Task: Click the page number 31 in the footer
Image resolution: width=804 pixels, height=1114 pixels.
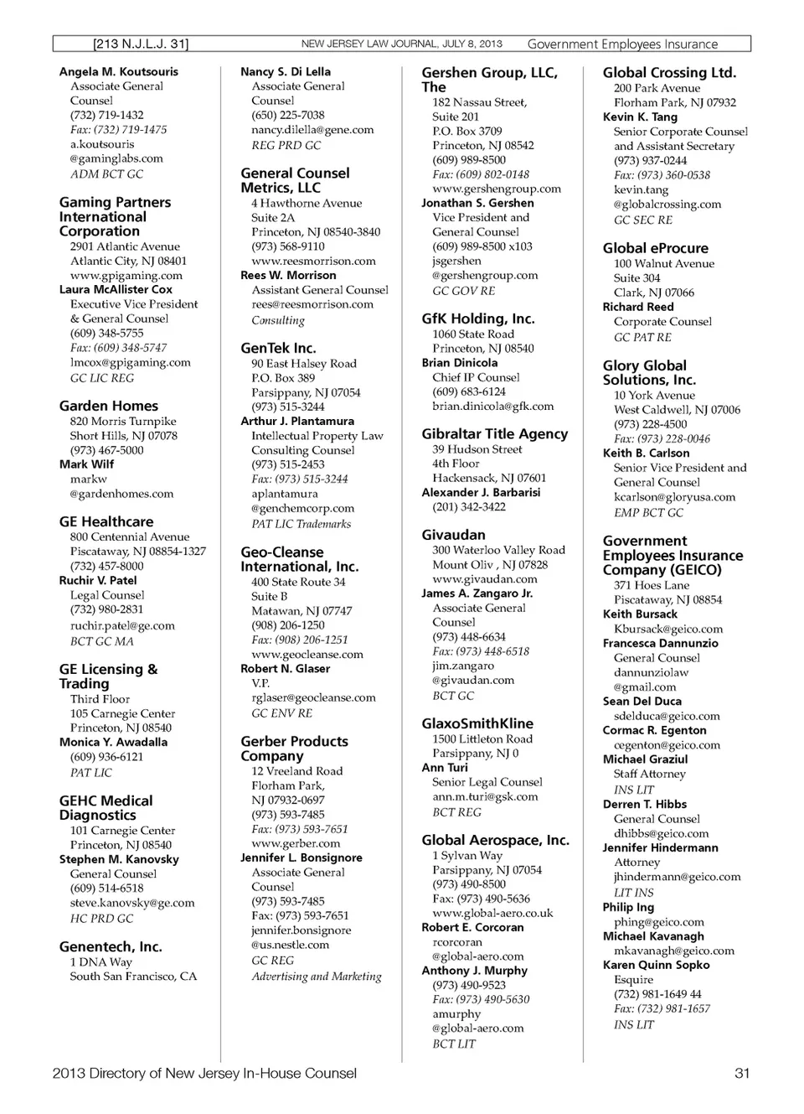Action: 741,1073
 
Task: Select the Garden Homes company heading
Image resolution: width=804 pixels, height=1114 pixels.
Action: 108,406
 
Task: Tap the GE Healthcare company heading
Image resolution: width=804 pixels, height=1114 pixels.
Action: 106,521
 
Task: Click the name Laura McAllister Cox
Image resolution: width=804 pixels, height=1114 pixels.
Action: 116,289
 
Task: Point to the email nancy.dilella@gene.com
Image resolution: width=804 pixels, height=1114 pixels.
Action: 312,130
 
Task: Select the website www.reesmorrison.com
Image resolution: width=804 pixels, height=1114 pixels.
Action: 313,261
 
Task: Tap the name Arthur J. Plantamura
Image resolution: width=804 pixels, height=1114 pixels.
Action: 297,421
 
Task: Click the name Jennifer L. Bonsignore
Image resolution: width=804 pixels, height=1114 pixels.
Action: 301,858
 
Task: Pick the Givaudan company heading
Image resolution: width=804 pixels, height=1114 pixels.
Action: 453,535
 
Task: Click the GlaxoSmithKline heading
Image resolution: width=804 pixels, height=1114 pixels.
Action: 477,723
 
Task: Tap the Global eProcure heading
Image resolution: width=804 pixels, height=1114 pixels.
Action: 655,248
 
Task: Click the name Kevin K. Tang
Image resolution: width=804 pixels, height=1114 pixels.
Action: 640,117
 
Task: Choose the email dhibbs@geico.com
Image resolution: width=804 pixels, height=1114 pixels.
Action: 661,833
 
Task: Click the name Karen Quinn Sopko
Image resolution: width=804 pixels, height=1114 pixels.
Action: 656,965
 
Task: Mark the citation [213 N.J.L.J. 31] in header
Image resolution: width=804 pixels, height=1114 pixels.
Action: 141,44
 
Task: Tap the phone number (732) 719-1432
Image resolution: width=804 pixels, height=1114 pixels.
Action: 106,115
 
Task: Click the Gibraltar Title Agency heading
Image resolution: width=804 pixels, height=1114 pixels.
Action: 494,434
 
